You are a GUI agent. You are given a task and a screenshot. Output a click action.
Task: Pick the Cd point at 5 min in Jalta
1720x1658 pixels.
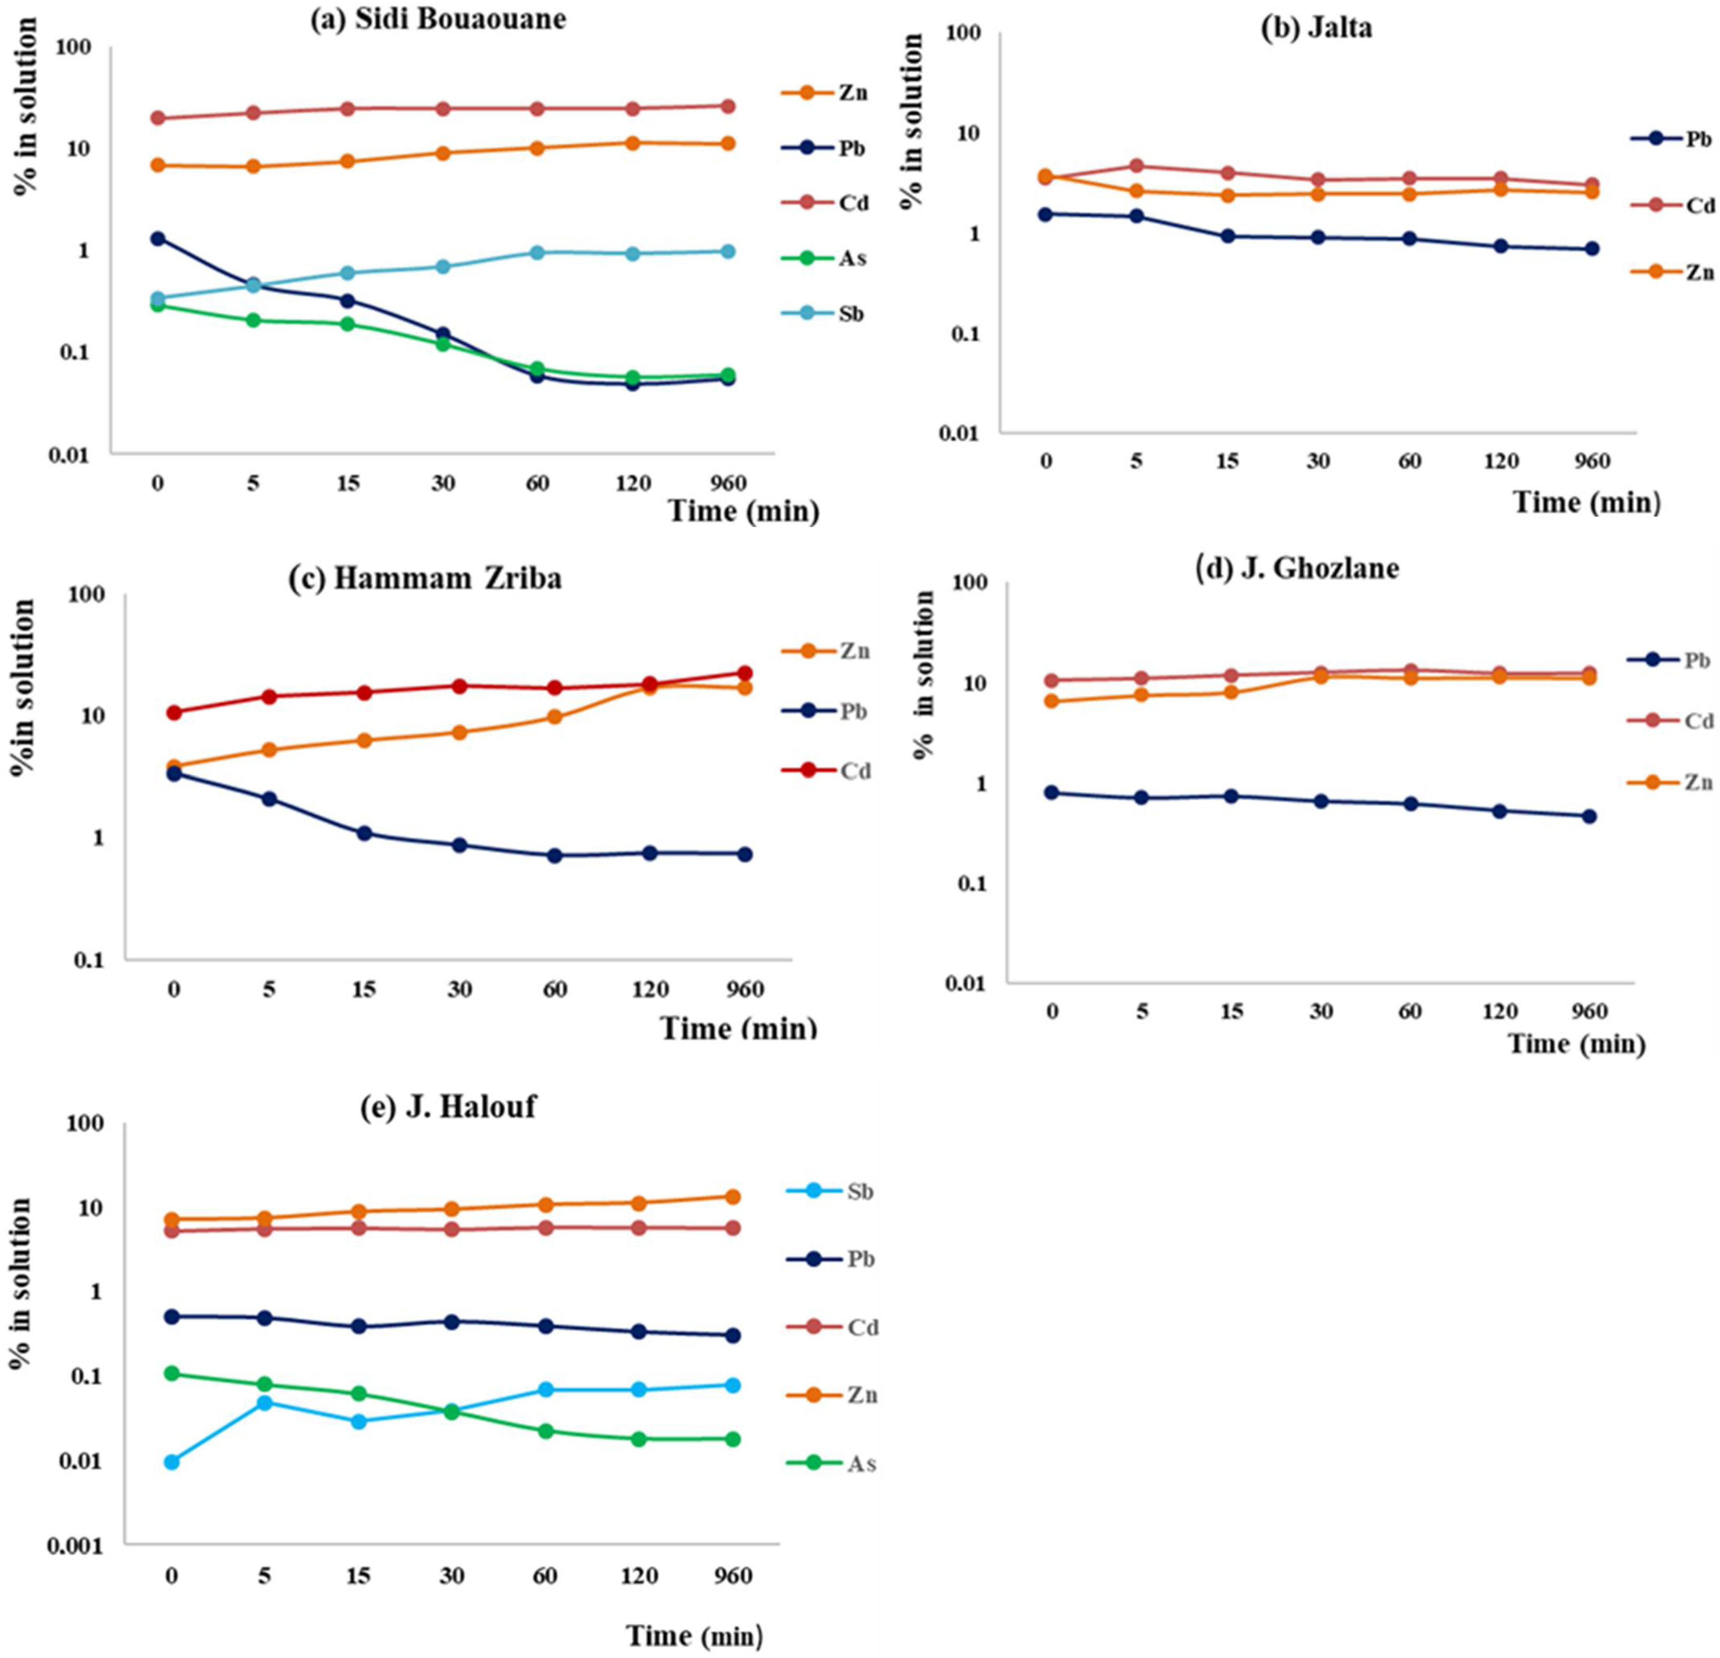[x=1137, y=166]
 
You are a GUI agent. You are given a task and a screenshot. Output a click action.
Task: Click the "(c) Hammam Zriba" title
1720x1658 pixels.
[x=426, y=579]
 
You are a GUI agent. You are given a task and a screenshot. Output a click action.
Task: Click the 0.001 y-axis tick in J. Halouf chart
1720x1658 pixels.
[x=76, y=1546]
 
